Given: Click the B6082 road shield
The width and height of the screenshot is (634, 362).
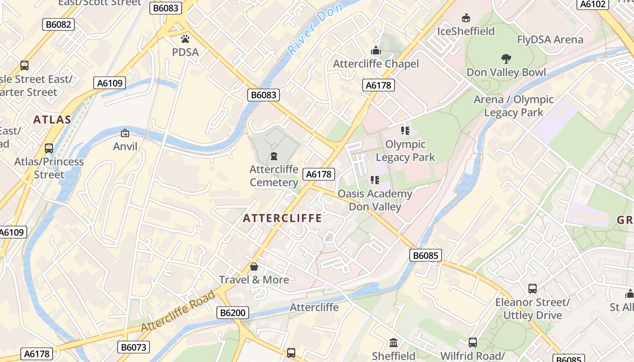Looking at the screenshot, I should [x=58, y=24].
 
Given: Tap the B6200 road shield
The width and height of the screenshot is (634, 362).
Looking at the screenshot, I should [x=233, y=313].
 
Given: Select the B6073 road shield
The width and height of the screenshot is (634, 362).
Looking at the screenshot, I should [x=134, y=347].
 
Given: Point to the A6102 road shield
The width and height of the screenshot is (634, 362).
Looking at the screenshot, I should [x=593, y=4].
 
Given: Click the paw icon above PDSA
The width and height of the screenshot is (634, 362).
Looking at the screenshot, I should [x=185, y=39].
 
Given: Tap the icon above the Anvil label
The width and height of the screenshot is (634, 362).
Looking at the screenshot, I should [x=125, y=133].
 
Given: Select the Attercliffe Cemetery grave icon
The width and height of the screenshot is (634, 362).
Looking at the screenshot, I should [x=274, y=157].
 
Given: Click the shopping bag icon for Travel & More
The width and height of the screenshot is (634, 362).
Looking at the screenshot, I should [x=254, y=267].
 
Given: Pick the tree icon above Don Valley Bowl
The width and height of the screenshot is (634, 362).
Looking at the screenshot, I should [x=506, y=58].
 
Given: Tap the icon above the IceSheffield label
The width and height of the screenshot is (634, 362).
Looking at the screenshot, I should [x=466, y=18].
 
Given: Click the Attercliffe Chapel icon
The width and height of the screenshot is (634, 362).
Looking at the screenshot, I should [x=376, y=50].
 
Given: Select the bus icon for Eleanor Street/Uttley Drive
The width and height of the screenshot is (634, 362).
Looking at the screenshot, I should [x=533, y=288].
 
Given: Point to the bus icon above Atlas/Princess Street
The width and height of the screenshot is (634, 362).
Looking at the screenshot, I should [x=49, y=148].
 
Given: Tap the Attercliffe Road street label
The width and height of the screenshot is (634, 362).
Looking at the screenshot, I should [x=178, y=312].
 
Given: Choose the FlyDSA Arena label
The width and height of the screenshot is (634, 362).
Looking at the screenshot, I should [x=550, y=40].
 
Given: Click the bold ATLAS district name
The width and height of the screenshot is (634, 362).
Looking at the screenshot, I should [x=52, y=120].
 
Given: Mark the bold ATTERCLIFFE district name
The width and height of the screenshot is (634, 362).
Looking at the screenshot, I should [x=282, y=219].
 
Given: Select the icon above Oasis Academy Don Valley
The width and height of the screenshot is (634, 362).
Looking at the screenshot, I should [x=375, y=180].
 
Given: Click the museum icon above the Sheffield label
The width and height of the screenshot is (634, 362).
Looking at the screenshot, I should [x=394, y=343].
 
